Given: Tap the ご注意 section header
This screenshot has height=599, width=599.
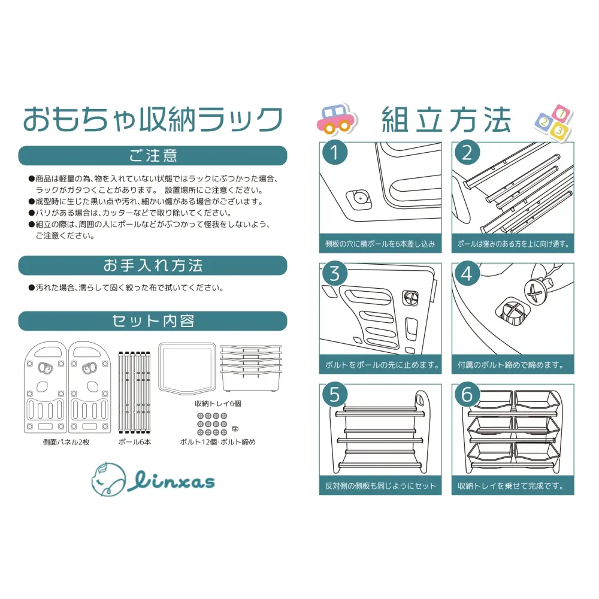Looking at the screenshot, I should tap(153, 156).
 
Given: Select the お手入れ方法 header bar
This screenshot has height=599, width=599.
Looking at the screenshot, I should tap(153, 265).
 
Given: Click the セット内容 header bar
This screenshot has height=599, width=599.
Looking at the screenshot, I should tap(153, 321).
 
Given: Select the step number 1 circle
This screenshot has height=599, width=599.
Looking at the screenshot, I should tap(335, 153).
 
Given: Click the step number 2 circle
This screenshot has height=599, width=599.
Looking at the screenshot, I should tap(467, 153).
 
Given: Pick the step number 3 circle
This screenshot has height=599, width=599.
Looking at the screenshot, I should tap(335, 274).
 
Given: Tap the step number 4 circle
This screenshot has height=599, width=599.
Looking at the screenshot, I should tap(467, 274).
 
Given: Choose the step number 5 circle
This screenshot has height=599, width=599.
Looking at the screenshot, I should tap(335, 395).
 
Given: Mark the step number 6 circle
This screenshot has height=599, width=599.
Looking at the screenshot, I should tap(467, 395).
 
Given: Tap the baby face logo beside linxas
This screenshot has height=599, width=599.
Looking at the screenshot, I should tap(108, 478).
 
